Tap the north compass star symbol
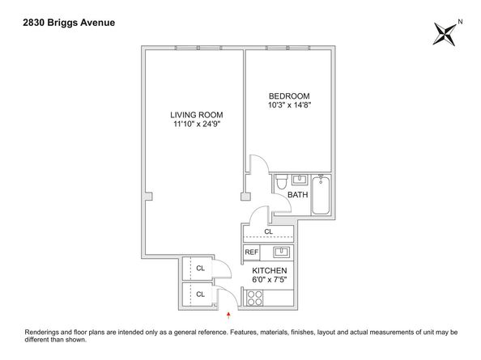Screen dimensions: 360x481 pyautogui.click(x=445, y=35)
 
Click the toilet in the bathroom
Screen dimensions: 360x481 pyautogui.click(x=279, y=182)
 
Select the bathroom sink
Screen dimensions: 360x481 pyautogui.click(x=297, y=179)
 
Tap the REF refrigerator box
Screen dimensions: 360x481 pyautogui.click(x=252, y=252)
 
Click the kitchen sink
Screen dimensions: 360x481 pyautogui.click(x=280, y=252)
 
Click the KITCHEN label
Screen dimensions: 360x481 pyautogui.click(x=270, y=270)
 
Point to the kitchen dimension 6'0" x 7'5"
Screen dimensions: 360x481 pyautogui.click(x=270, y=280)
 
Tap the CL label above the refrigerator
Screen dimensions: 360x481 pyautogui.click(x=268, y=232)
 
